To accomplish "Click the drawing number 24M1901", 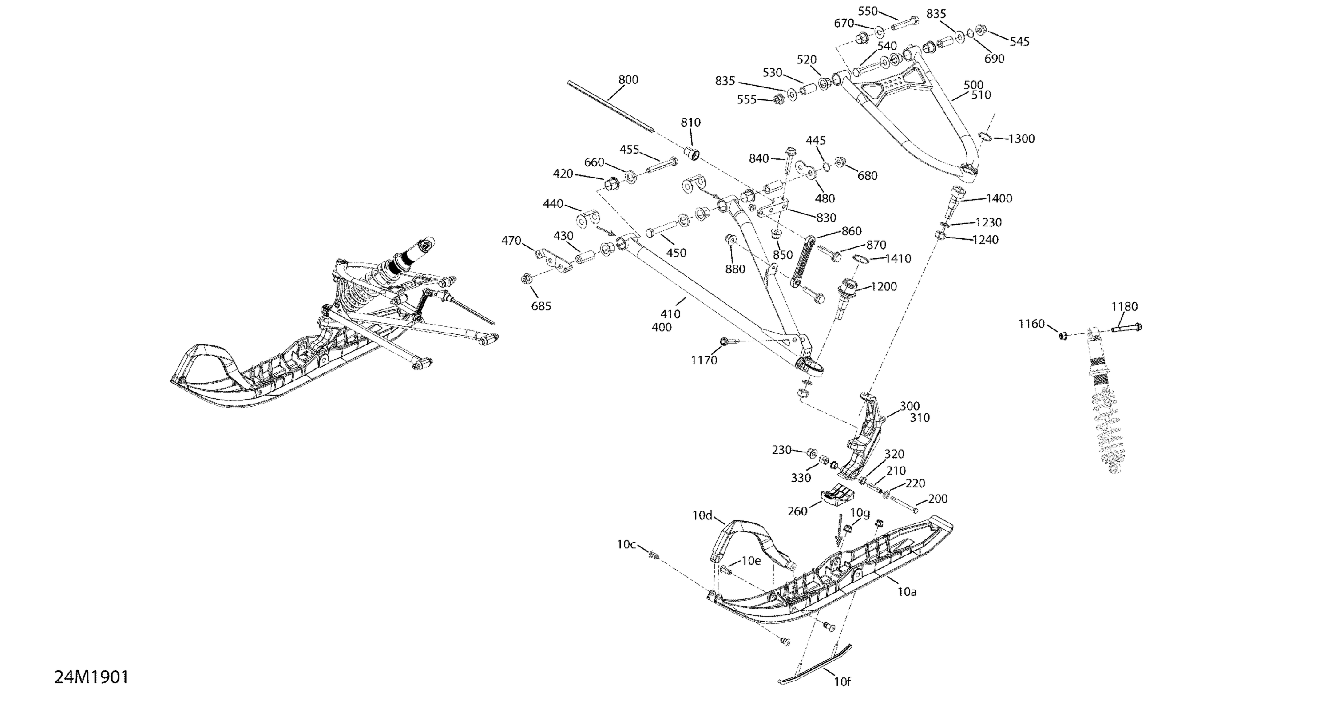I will tap(91, 677).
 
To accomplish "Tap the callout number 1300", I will tap(1021, 139).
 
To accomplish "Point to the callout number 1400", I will tap(999, 198).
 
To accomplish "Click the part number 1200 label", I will tap(884, 286).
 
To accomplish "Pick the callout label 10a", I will tap(907, 592).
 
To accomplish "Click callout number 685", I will tap(541, 306).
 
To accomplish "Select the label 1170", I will tap(704, 360).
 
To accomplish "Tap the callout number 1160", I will tap(1031, 324).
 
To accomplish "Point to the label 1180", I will tap(1125, 307).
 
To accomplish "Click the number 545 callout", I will tap(1020, 42).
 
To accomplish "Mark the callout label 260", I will tap(797, 511).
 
